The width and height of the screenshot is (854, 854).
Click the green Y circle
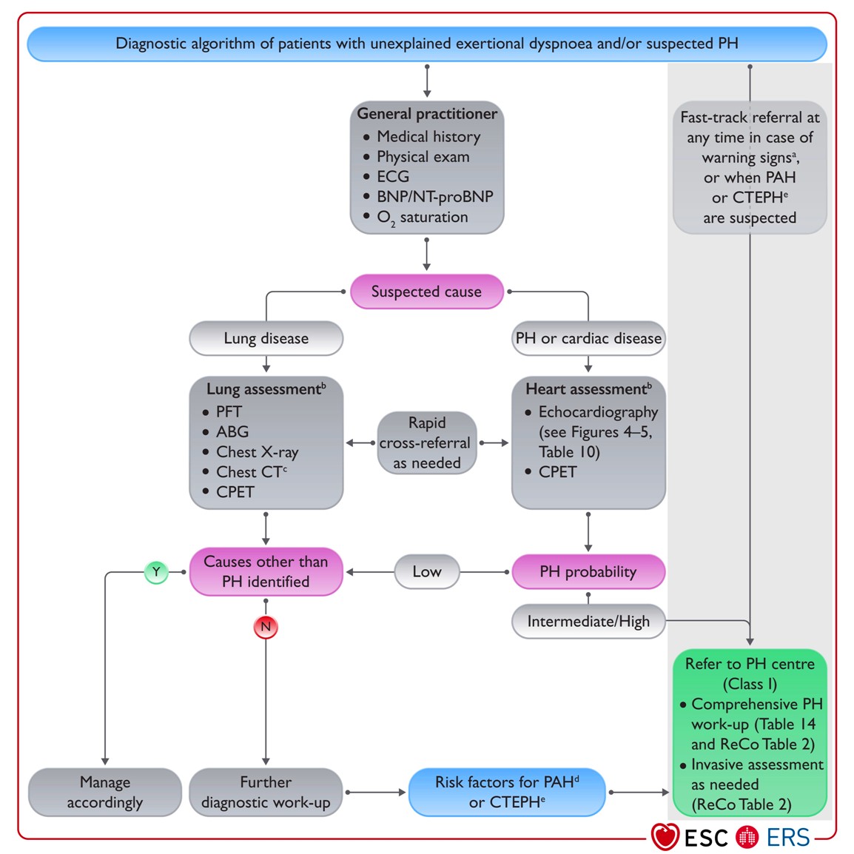coord(156,572)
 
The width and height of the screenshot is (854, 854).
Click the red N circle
coord(266,627)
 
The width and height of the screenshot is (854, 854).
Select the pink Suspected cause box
coord(426,292)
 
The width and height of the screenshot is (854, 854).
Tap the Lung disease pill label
coord(266,338)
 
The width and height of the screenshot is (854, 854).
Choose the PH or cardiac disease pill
coord(588,338)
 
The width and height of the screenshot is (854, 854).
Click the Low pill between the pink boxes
coord(427,572)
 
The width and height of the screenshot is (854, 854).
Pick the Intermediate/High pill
coord(588,622)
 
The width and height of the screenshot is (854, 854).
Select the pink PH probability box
coord(588,572)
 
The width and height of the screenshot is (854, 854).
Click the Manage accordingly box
coord(104,792)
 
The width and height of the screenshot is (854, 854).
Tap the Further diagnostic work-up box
coord(266,792)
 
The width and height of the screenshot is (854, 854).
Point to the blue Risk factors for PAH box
coord(506,792)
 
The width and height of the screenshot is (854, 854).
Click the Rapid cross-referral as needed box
coord(427,443)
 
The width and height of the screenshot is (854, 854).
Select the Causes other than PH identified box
coord(266,572)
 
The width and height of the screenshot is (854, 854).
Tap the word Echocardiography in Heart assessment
coord(598,411)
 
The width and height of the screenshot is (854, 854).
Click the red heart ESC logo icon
coord(665,836)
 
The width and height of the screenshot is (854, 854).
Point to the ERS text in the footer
coord(788,837)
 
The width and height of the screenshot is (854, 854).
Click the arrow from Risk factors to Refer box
coord(639,793)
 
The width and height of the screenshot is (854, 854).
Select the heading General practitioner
coord(427,114)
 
